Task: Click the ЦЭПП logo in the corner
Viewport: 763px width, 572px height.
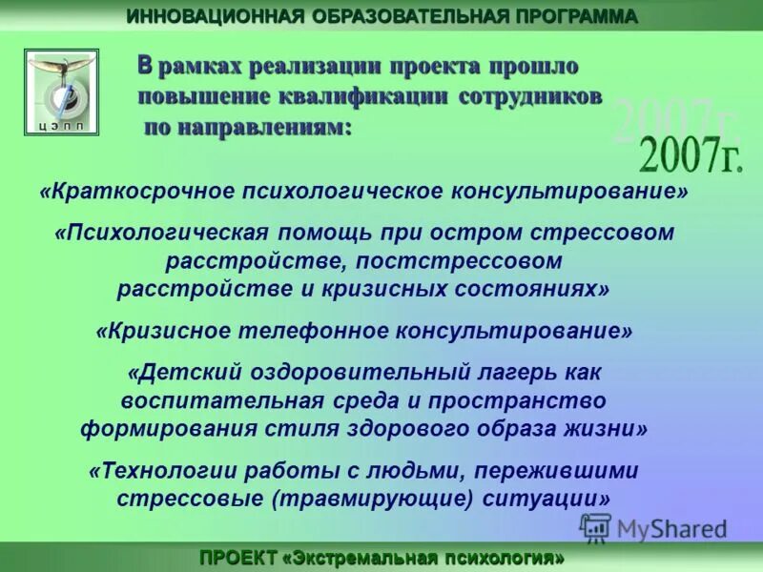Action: click(x=62, y=92)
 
